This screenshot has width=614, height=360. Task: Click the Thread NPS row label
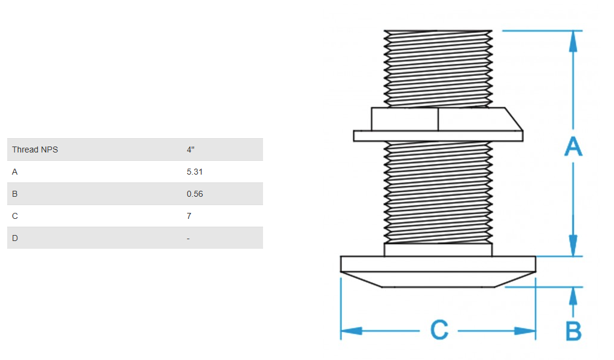coord(35,150)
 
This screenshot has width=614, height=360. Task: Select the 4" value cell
coord(190,150)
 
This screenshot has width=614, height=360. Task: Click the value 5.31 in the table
coord(194,172)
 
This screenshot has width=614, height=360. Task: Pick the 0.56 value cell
coord(194,194)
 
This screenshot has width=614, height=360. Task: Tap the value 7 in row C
coord(189,216)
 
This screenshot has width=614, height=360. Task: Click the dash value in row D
coord(188,238)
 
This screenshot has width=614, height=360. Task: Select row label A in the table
coord(15,172)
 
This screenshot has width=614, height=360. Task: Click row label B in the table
coord(15,194)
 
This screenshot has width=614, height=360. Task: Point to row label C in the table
coord(15,216)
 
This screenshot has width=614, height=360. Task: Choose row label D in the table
coord(15,238)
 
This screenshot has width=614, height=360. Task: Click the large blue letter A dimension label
coord(573,147)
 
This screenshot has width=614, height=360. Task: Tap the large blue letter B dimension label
coord(573,331)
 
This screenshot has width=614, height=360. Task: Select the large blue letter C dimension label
coord(439,330)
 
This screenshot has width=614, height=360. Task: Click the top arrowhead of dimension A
coord(573,41)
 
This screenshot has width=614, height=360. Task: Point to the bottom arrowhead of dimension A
coord(573,245)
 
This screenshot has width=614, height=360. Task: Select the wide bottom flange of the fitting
coord(438,264)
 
